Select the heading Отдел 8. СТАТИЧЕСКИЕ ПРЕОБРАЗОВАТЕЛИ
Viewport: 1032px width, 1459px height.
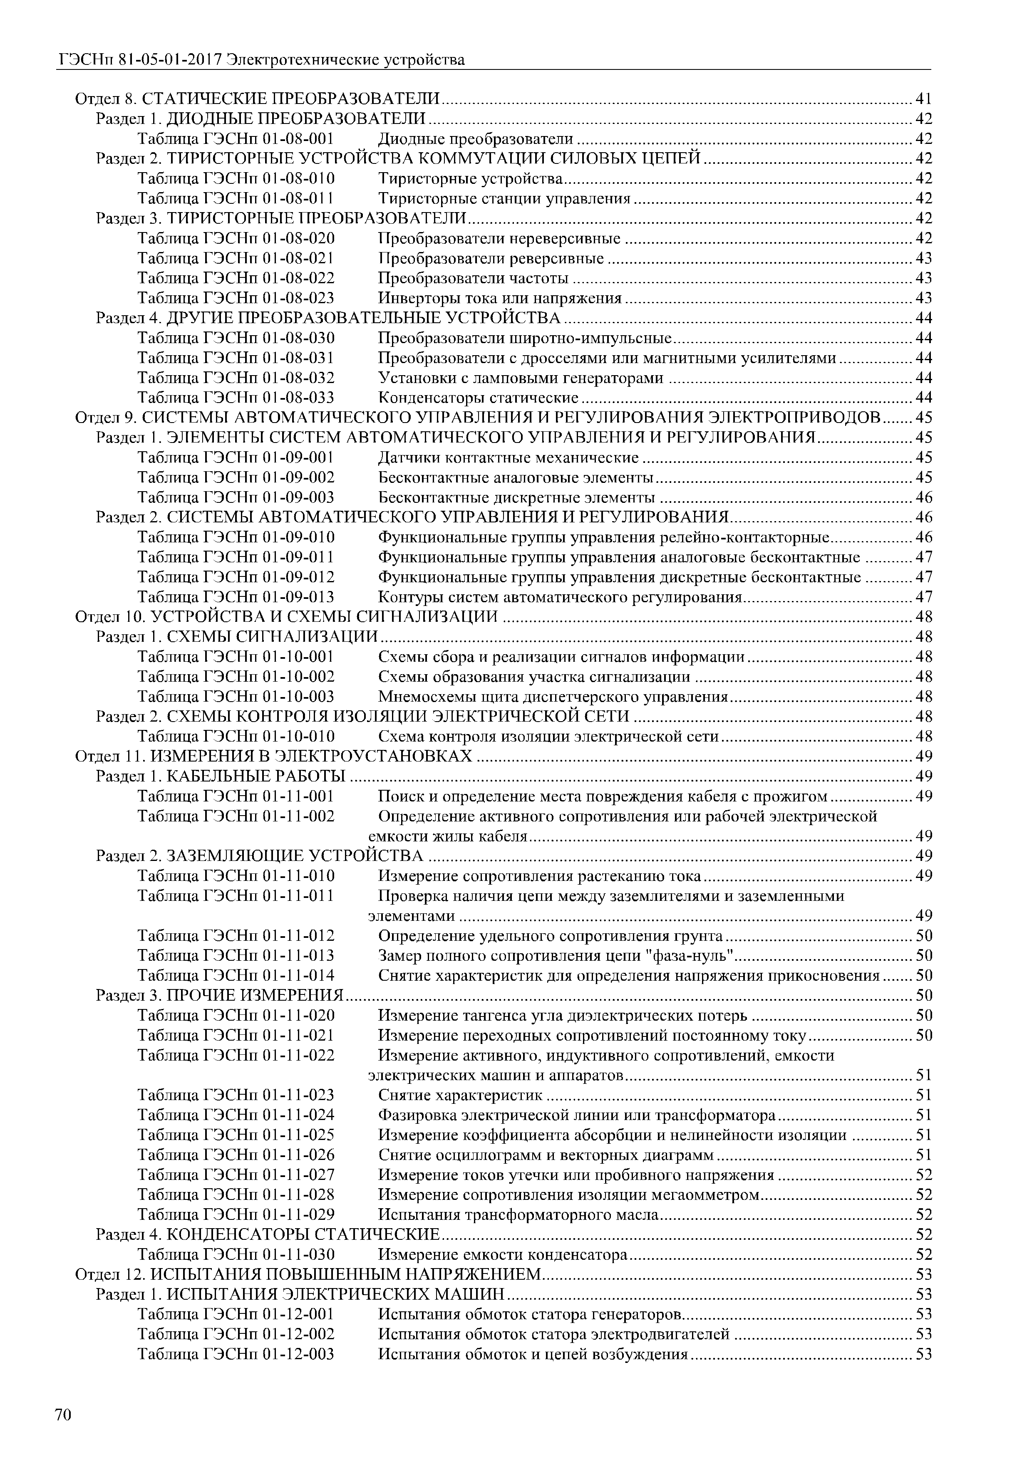tap(258, 99)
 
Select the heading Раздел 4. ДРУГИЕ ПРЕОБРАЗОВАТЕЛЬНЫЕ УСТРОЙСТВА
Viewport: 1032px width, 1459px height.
tap(328, 318)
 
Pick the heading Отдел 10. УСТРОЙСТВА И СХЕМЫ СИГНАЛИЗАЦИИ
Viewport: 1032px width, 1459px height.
tap(286, 617)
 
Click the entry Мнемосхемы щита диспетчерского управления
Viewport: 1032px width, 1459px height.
tap(553, 697)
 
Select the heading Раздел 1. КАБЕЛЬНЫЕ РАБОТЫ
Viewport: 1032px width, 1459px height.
tap(221, 776)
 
